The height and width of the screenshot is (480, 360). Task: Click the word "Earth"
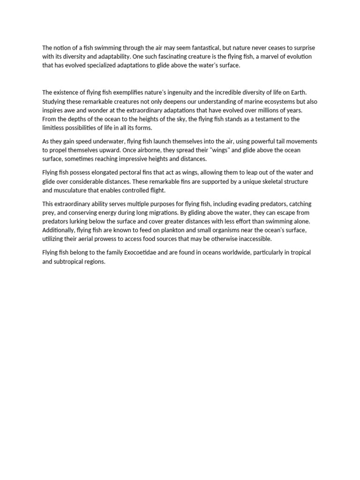[x=297, y=92]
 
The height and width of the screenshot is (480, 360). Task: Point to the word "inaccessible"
[x=252, y=239]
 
